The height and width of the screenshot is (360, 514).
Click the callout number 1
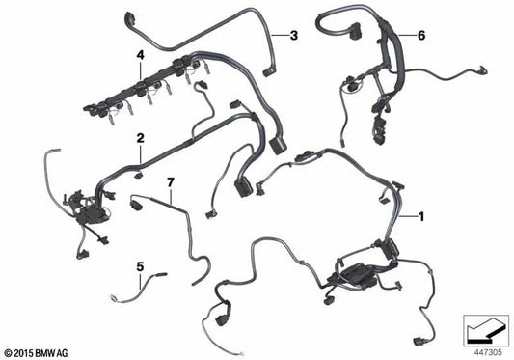click(420, 216)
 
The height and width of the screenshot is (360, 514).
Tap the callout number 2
click(140, 138)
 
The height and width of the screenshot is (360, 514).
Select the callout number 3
click(295, 36)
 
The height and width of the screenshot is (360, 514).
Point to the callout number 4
click(141, 56)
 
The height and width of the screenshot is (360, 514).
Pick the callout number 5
click(139, 265)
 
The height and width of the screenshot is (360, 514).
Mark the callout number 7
click(171, 181)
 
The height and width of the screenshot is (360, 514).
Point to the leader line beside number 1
click(408, 216)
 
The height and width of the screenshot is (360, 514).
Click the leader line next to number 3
click(282, 36)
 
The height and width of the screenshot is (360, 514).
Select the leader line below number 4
click(141, 69)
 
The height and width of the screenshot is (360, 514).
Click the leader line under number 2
click(140, 150)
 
